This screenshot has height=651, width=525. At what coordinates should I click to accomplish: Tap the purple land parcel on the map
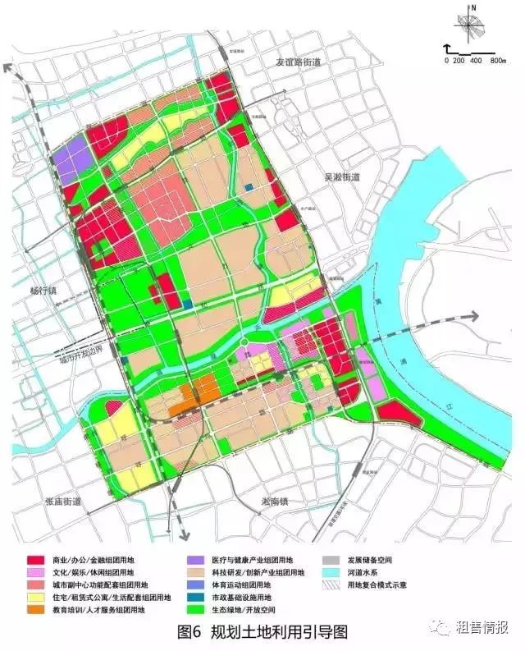click(x=69, y=160)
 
